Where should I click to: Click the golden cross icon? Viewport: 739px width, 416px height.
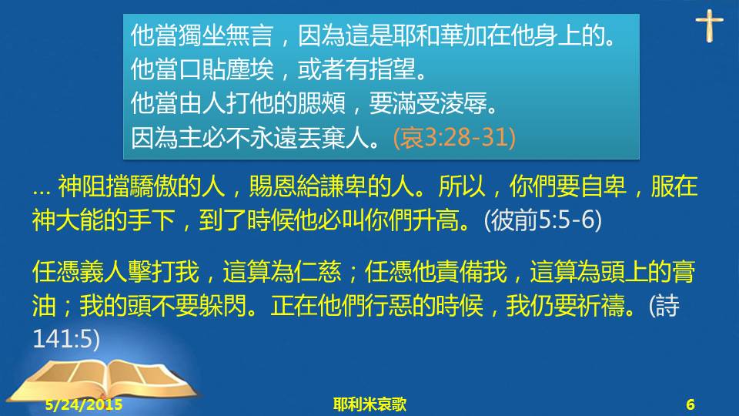pos(709,25)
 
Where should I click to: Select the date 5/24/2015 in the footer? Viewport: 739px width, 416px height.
pos(84,404)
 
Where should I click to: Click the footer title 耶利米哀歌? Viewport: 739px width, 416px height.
pos(369,404)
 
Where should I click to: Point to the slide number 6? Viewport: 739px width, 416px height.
pos(691,404)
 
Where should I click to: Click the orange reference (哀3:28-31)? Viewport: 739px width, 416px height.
pos(454,138)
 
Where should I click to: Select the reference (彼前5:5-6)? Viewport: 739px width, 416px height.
pos(543,220)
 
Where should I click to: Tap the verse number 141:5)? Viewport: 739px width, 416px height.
pos(66,339)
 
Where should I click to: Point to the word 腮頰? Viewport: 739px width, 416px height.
pos(322,103)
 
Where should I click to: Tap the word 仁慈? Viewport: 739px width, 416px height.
pos(318,272)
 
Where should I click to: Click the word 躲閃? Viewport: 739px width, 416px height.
pos(222,306)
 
